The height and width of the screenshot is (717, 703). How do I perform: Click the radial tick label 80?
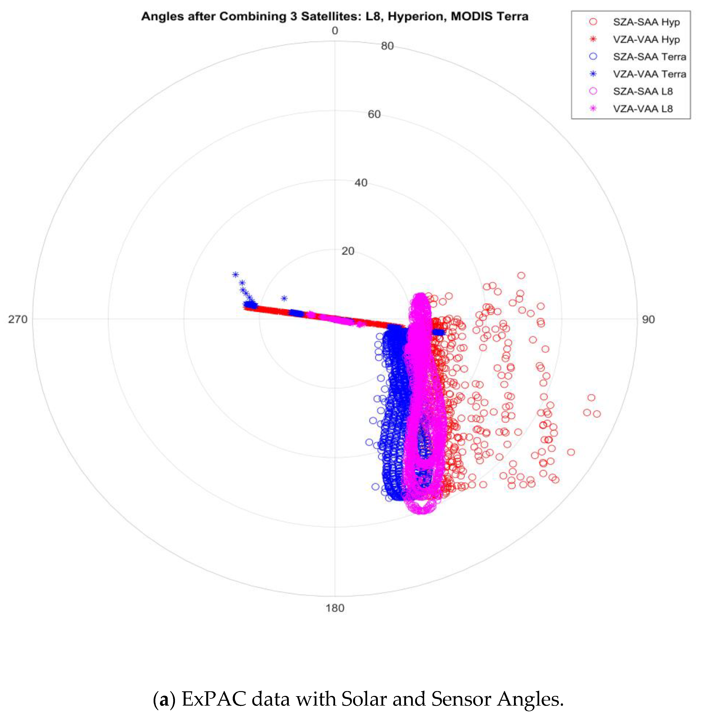click(387, 46)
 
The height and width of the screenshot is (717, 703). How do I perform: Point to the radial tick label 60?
click(374, 114)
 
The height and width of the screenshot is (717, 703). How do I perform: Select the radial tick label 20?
click(347, 251)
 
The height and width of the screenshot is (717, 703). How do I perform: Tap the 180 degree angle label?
click(335, 608)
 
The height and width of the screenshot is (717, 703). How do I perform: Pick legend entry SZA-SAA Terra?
click(649, 57)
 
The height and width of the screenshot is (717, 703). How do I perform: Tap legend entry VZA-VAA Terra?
click(649, 74)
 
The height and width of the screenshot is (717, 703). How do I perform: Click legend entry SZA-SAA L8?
click(642, 91)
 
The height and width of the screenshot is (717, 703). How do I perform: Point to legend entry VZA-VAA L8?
click(642, 109)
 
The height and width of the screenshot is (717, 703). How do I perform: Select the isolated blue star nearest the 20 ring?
click(284, 298)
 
